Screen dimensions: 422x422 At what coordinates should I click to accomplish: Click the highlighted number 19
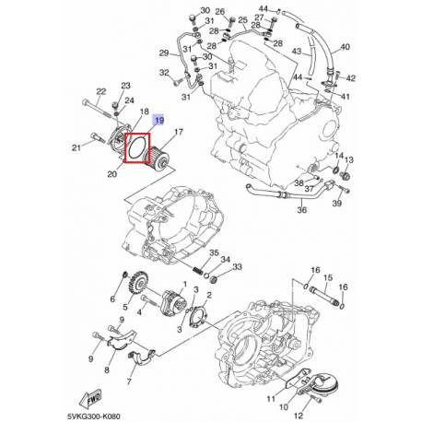pyautogui.click(x=159, y=121)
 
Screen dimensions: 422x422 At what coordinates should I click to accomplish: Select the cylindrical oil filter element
pyautogui.click(x=161, y=150)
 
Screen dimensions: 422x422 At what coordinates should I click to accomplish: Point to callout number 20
pyautogui.click(x=111, y=171)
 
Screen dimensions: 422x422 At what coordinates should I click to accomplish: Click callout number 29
pyautogui.click(x=164, y=53)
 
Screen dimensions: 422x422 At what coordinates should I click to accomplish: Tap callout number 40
pyautogui.click(x=345, y=45)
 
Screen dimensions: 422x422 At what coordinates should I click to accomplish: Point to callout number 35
pyautogui.click(x=215, y=252)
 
